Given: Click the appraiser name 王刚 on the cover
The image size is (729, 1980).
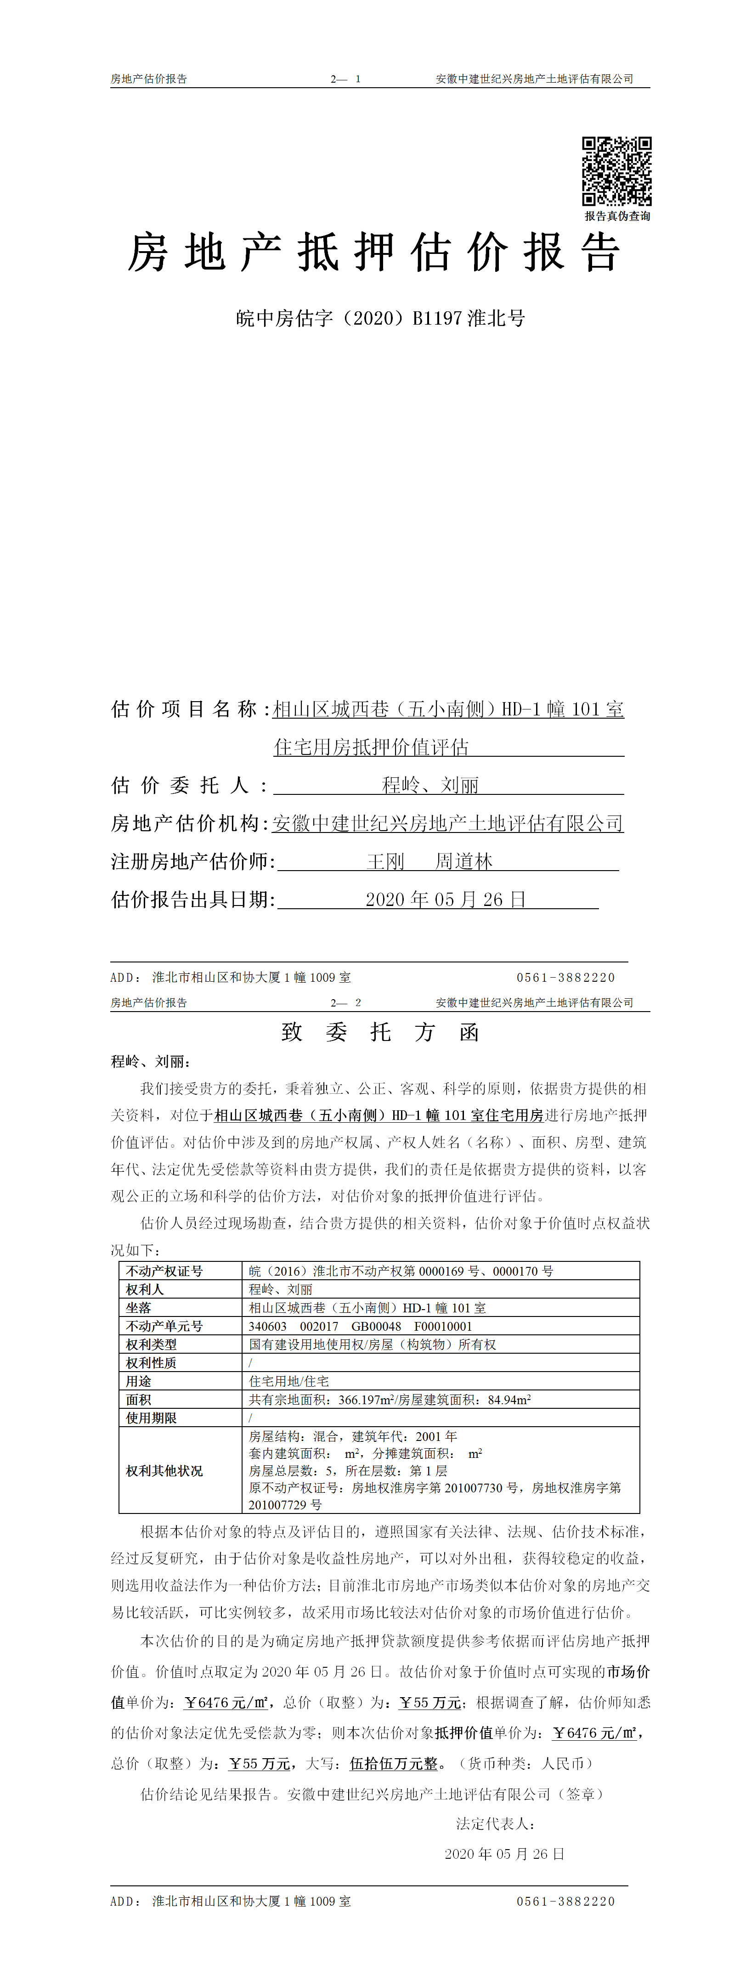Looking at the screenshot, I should point(385,861).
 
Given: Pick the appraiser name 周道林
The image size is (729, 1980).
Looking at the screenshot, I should point(463,861).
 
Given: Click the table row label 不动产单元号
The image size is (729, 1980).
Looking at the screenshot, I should point(164,1326).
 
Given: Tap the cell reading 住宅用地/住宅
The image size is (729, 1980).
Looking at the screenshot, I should point(288,1381).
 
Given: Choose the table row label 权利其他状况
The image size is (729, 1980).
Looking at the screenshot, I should point(164,1470).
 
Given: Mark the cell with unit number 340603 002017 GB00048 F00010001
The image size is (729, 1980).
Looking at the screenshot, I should point(360,1326).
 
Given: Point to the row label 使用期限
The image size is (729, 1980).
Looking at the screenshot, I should point(152,1418).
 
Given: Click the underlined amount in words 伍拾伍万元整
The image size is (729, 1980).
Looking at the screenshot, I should point(394,1763).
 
